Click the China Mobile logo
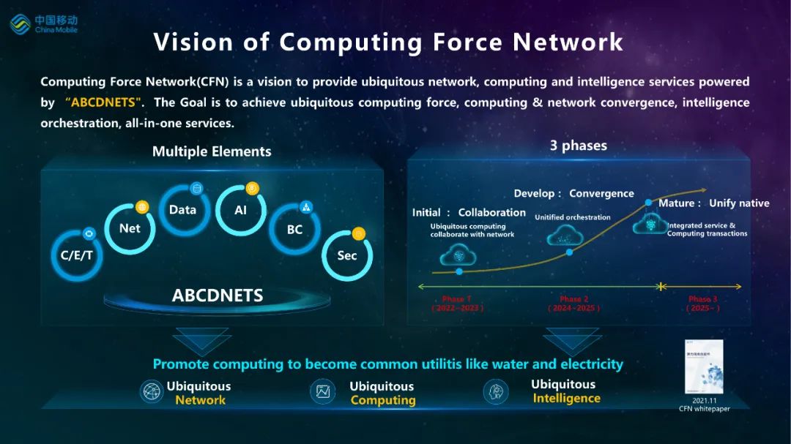click(43, 23)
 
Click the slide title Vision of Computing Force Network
click(388, 42)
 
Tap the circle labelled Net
click(130, 228)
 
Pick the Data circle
click(183, 210)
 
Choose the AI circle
click(241, 210)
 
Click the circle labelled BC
click(294, 229)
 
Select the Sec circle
click(347, 255)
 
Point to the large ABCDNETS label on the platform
click(218, 296)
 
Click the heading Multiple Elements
click(212, 151)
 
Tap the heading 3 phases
click(579, 146)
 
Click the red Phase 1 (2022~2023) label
click(457, 304)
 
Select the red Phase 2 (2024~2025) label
click(573, 304)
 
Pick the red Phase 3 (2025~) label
click(702, 304)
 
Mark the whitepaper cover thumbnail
click(704, 366)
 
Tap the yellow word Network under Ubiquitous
click(201, 400)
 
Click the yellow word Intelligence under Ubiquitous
click(566, 398)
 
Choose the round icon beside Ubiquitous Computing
click(323, 391)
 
